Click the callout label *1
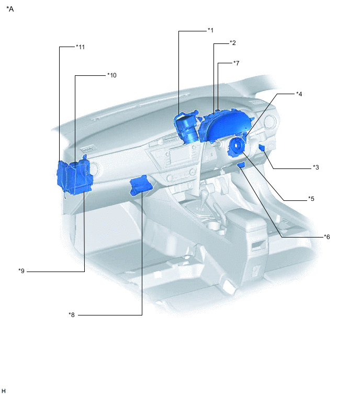(210, 30)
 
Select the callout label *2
(233, 43)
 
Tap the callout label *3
(316, 167)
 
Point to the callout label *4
(299, 94)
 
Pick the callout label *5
(311, 199)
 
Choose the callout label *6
(327, 237)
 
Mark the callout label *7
(237, 63)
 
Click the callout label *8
(72, 315)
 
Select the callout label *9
(21, 271)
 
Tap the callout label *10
(112, 75)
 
